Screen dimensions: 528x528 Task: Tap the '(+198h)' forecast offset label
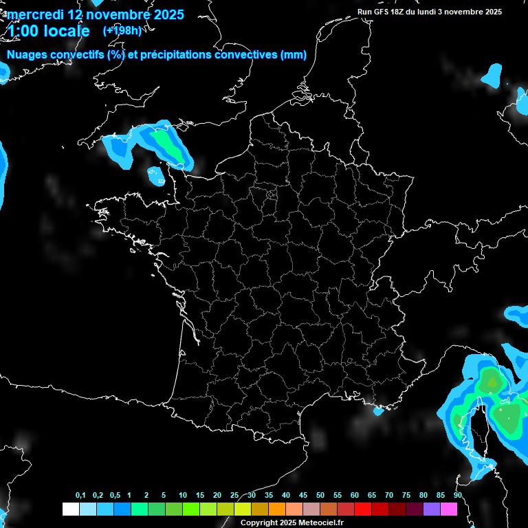122,30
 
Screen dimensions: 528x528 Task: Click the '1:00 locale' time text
48,31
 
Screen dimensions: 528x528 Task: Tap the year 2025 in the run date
489,12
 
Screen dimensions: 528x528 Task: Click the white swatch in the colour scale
70,509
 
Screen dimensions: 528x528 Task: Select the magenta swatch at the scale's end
449,509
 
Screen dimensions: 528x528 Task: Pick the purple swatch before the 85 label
432,509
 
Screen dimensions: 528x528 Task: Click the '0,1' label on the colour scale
80,496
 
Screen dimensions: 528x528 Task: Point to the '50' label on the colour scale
320,496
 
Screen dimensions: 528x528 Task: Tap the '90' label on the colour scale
458,496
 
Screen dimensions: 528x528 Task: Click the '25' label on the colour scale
234,496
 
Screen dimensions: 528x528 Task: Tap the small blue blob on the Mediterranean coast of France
377,412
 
